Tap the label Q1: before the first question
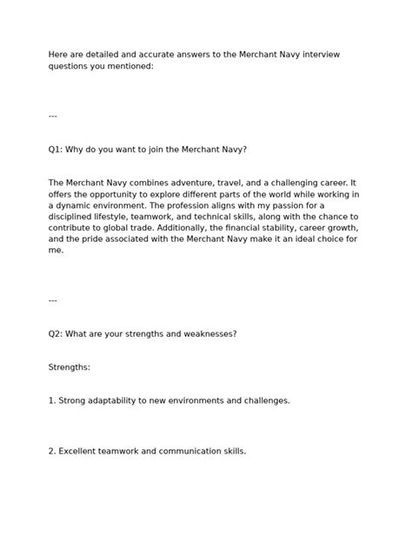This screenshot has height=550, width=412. (56, 149)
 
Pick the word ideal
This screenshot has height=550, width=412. (293, 239)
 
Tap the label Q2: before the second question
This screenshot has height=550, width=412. (56, 333)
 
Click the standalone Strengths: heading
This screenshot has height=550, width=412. (70, 367)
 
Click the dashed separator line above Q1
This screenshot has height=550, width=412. (53, 116)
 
